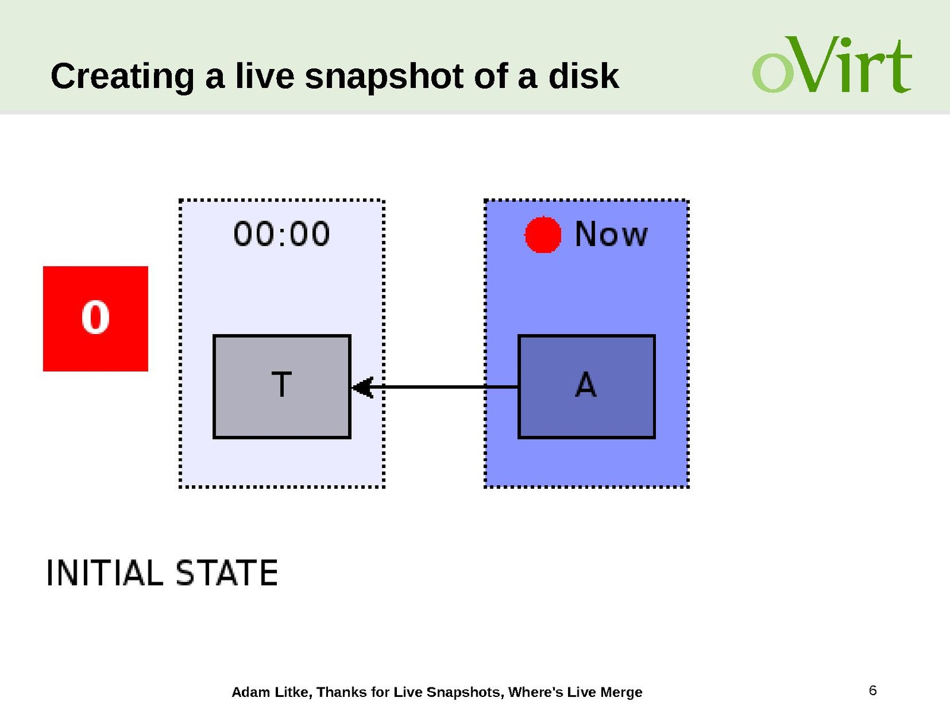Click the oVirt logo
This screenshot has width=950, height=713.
(832, 64)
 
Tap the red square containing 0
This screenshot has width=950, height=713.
(96, 319)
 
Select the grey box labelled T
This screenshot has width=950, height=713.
(282, 387)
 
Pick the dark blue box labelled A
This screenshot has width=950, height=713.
(586, 387)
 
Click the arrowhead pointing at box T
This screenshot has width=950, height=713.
(362, 387)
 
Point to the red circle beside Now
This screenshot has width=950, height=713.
(543, 234)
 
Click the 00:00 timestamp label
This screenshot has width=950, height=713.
(282, 234)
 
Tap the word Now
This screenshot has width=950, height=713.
(611, 234)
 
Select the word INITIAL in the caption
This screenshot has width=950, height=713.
(105, 573)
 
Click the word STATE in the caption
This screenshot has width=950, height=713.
(227, 573)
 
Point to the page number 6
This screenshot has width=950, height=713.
(873, 690)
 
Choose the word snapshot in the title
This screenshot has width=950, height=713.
(384, 77)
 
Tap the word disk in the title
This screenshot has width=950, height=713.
(583, 76)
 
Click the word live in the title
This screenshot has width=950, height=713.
(264, 76)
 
